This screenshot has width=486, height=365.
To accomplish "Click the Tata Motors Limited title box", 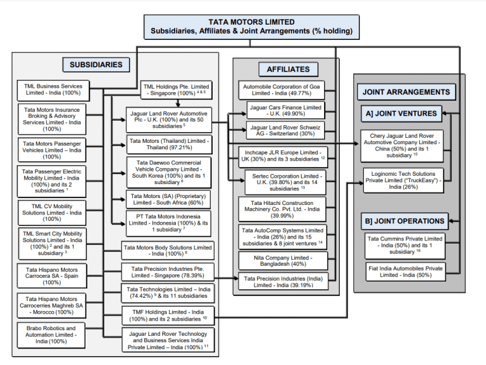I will [251, 27].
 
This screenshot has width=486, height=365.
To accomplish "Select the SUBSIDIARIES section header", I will [96, 65].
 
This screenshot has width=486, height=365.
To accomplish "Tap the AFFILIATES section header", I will [283, 69].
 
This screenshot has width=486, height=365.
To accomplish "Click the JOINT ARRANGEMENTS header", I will [407, 92].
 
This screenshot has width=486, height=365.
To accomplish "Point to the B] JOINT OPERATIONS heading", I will [403, 221].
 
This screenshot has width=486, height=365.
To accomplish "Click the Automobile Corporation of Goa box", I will [281, 90].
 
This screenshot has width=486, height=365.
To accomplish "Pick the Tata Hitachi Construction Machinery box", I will [281, 209].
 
